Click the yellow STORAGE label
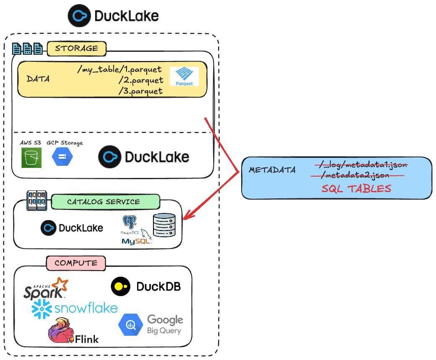click(76, 48)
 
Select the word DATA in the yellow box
click(38, 79)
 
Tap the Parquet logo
click(184, 76)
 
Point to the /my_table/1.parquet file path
click(120, 69)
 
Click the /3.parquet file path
click(140, 91)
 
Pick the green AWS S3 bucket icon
click(31, 157)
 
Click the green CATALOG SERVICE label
click(104, 202)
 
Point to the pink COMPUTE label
click(76, 263)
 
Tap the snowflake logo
click(74, 308)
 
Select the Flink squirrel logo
click(73, 332)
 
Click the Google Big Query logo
click(150, 325)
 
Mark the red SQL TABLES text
click(356, 188)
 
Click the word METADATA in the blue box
click(272, 170)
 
